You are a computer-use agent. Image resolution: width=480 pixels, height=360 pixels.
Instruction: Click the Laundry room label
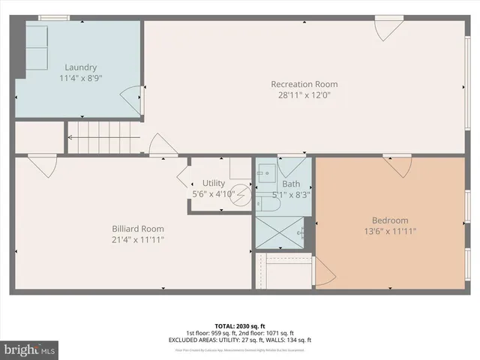(80, 67)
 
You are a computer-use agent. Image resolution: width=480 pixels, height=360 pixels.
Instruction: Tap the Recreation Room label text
(304, 84)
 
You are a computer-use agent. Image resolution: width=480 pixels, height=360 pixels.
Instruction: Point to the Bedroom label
(390, 220)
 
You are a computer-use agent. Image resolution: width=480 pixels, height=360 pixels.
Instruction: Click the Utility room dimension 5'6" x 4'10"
(214, 193)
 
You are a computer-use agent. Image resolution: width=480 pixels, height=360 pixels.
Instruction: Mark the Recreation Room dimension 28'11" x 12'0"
(304, 95)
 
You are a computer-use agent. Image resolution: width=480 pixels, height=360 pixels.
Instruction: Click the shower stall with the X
(280, 232)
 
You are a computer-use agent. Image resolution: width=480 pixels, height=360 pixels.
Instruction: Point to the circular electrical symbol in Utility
(240, 193)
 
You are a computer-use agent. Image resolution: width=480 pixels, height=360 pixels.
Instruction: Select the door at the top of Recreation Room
(388, 30)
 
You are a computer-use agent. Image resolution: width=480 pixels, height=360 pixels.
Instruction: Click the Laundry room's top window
(53, 17)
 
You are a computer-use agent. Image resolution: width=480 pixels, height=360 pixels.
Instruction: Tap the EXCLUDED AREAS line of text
(240, 340)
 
